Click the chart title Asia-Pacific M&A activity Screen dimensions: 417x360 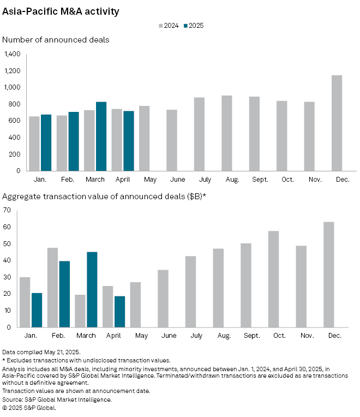point(61,11)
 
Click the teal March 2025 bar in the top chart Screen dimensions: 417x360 point(101,136)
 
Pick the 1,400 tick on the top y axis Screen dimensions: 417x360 point(11,54)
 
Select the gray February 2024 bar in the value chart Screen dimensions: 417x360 point(52,287)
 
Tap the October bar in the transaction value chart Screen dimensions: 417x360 point(273,279)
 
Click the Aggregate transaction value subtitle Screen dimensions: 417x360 point(104,195)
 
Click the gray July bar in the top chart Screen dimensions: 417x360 point(199,134)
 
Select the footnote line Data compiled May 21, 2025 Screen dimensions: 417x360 point(41,352)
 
